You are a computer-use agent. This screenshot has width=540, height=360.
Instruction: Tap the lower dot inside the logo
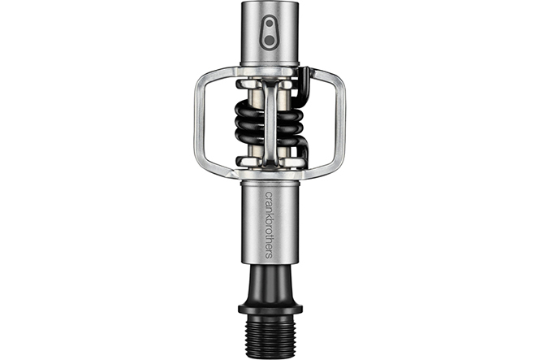point(270,41)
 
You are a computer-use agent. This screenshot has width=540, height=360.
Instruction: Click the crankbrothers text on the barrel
point(269,224)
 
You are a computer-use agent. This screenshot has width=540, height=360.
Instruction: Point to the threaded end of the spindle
point(270,332)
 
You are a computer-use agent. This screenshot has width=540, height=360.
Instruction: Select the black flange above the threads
point(270,308)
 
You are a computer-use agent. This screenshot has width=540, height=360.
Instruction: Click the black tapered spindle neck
point(270,284)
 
